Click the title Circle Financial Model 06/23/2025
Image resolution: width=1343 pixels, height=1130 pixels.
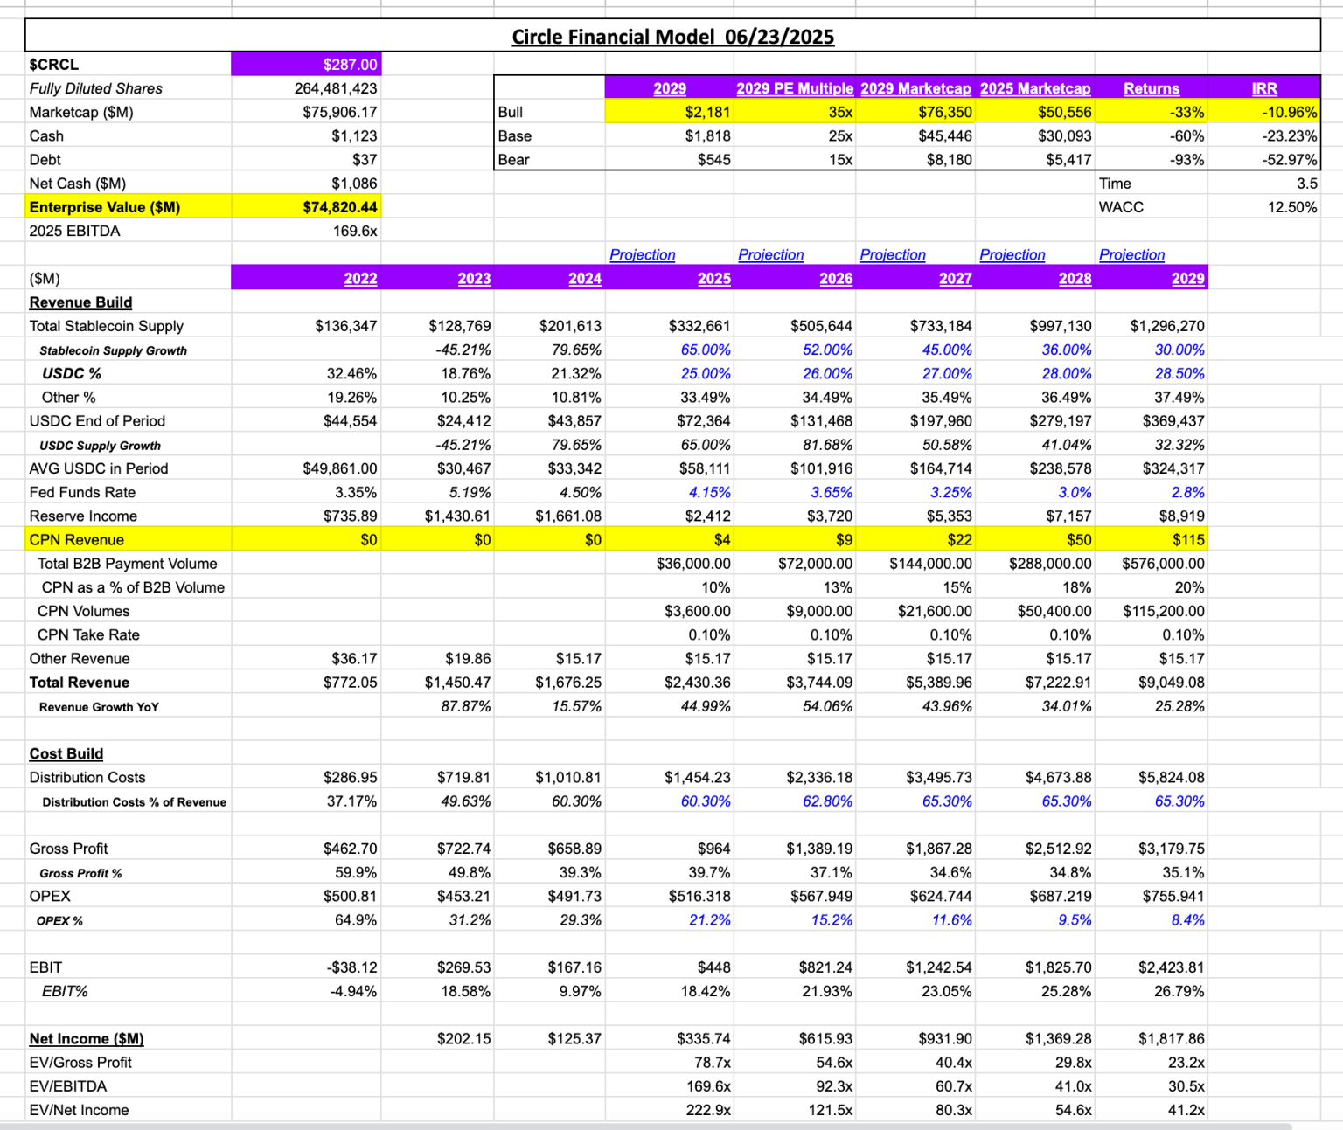pyautogui.click(x=672, y=37)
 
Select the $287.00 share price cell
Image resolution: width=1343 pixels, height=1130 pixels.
pyautogui.click(x=350, y=65)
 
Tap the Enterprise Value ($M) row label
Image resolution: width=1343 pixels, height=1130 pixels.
pyautogui.click(x=105, y=207)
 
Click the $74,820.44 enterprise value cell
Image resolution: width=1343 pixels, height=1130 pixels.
pyautogui.click(x=340, y=207)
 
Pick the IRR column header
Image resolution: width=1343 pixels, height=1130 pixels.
pyautogui.click(x=1264, y=88)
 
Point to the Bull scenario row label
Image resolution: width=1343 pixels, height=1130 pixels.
pyautogui.click(x=511, y=112)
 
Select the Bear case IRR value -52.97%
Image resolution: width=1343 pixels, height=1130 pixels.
pyautogui.click(x=1290, y=160)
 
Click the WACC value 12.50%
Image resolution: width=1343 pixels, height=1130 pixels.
pyautogui.click(x=1292, y=207)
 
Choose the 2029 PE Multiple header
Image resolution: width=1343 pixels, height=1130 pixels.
pyautogui.click(x=794, y=88)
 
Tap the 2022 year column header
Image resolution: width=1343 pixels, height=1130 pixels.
pyautogui.click(x=360, y=279)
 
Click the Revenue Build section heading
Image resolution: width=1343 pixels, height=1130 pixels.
pyautogui.click(x=80, y=302)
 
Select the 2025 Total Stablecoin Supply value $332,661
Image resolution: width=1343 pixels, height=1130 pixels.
pyautogui.click(x=699, y=326)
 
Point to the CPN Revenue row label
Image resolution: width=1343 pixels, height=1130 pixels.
pyautogui.click(x=77, y=540)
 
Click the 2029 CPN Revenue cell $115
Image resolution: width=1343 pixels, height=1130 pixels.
pyautogui.click(x=1188, y=540)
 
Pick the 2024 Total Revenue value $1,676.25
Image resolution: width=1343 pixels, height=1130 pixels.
pyautogui.click(x=568, y=683)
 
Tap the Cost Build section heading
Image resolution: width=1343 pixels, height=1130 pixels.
pyautogui.click(x=66, y=753)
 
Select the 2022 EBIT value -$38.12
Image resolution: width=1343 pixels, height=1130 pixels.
pyautogui.click(x=351, y=967)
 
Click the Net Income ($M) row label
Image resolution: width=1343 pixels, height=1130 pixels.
pyautogui.click(x=87, y=1038)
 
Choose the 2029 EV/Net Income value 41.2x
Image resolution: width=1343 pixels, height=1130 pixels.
pyautogui.click(x=1186, y=1110)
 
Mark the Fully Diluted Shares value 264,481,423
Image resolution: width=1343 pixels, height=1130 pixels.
pyautogui.click(x=336, y=88)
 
